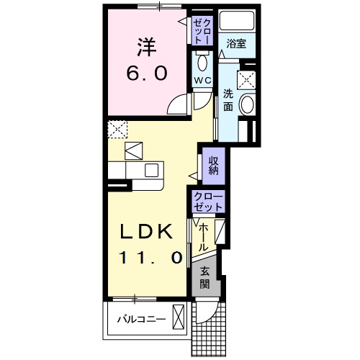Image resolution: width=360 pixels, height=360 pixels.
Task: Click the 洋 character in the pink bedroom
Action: [147, 47]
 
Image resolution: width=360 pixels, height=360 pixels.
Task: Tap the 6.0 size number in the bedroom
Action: [147, 73]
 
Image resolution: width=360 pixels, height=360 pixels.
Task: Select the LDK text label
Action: [147, 231]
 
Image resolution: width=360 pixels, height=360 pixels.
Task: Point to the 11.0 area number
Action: [150, 258]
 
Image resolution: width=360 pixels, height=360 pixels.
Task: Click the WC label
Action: [202, 81]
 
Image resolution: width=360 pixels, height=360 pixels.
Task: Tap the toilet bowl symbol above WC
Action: [202, 63]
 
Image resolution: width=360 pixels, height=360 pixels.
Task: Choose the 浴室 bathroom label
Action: [236, 44]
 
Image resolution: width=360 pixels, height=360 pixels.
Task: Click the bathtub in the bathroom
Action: [237, 20]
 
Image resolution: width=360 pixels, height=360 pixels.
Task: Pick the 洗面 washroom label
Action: [228, 100]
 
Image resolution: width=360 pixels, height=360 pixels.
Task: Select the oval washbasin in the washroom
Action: [248, 104]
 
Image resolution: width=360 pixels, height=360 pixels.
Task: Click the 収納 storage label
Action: [213, 166]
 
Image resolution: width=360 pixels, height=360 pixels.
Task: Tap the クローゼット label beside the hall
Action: [208, 202]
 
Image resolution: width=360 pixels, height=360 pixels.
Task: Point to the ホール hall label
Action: [203, 237]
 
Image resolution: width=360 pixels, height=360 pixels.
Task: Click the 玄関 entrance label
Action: [204, 277]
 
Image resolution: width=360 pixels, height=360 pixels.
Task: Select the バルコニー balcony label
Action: [141, 320]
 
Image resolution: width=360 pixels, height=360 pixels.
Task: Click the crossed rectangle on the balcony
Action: [178, 317]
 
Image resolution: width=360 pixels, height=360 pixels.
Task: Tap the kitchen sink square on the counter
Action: [151, 170]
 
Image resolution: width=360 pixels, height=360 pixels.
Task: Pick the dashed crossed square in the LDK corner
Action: [117, 130]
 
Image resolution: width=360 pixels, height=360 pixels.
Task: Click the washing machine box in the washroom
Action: [246, 80]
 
